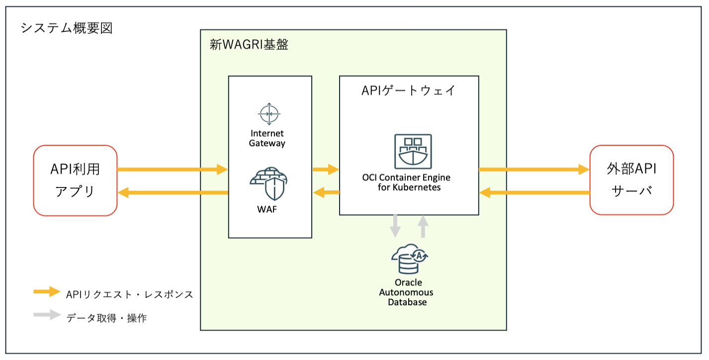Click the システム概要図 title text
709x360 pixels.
[x=67, y=28]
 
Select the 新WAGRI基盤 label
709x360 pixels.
[x=249, y=45]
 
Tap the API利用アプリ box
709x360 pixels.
[x=75, y=180]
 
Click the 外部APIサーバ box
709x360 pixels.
[x=631, y=180]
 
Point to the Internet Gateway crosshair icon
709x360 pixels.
[x=269, y=114]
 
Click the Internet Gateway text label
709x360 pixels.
[x=267, y=138]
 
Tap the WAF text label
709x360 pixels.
[x=267, y=209]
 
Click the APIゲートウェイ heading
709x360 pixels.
[x=409, y=91]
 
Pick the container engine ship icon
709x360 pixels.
[x=413, y=151]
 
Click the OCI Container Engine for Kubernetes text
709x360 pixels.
[x=407, y=182]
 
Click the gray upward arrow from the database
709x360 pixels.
[x=423, y=226]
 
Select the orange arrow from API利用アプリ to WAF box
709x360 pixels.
[x=172, y=170]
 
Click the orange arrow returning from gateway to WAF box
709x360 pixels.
[x=326, y=191]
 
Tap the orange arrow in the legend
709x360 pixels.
[x=47, y=292]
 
